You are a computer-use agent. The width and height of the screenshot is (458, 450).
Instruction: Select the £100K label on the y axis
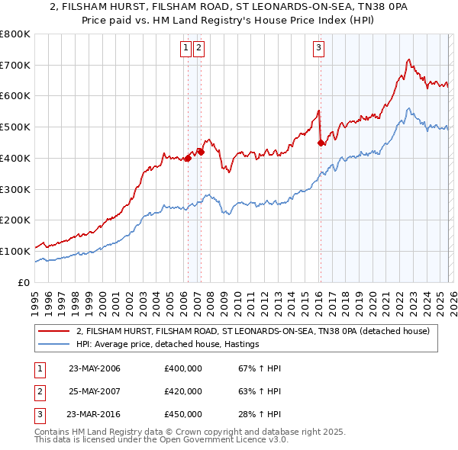tap(15, 251)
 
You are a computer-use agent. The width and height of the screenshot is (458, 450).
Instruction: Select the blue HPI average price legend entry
tap(168, 345)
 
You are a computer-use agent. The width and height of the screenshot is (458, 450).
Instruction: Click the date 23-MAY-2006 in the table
tap(95, 368)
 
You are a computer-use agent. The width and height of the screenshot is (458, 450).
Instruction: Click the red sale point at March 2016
tap(321, 142)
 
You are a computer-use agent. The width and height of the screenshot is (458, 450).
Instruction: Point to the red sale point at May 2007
tap(201, 152)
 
